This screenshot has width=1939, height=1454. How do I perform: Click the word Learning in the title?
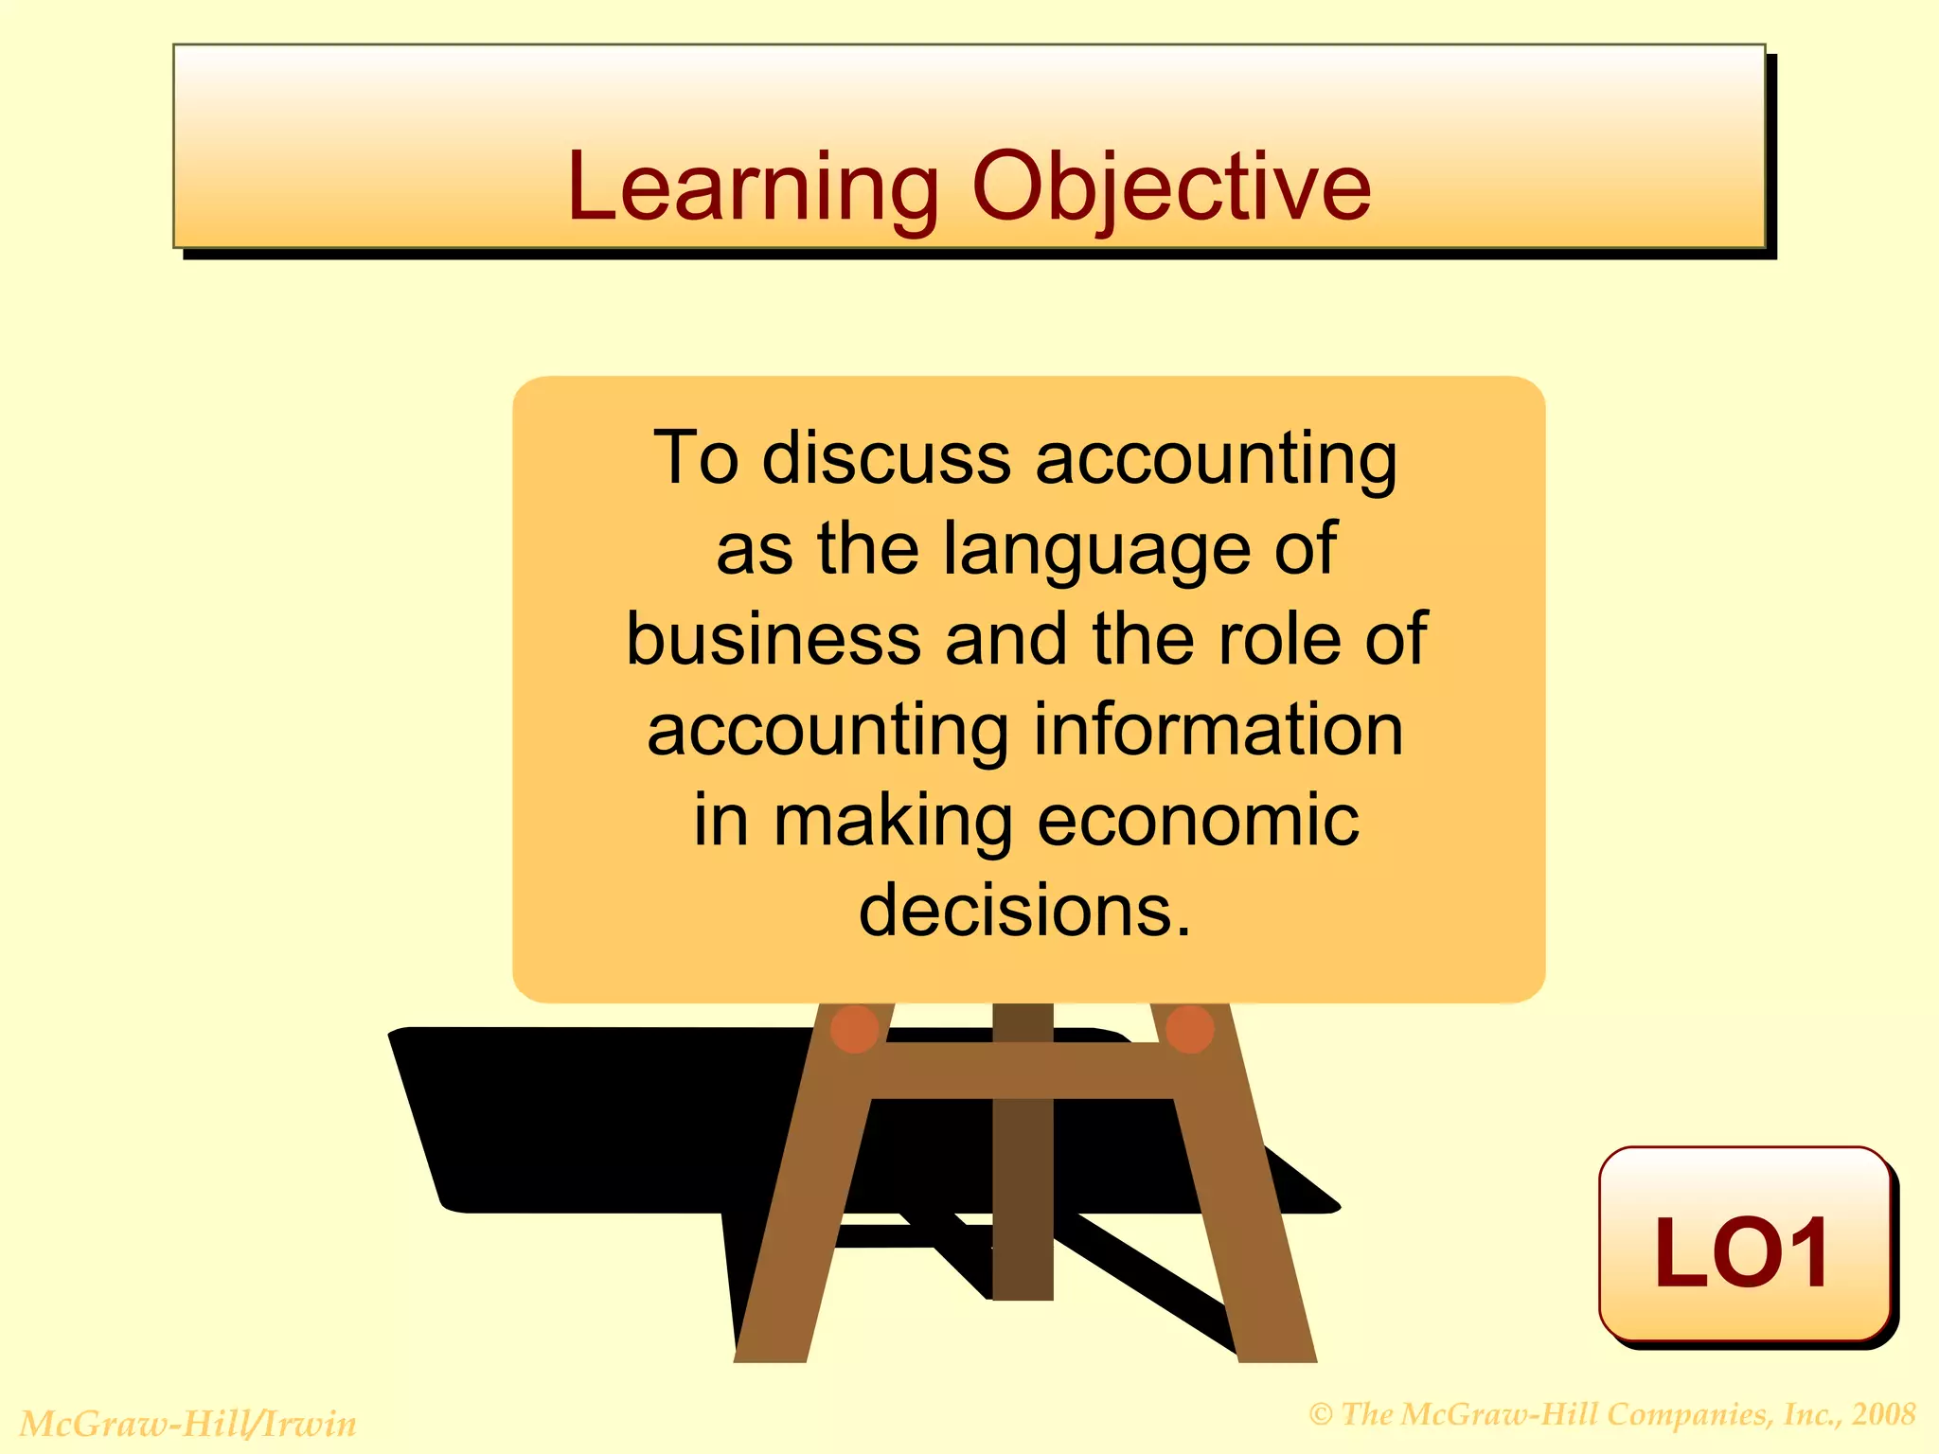[753, 189]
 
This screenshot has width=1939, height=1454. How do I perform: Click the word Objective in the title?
[1171, 189]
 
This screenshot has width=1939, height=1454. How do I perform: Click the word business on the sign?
[774, 639]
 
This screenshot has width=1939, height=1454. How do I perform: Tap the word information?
[1219, 730]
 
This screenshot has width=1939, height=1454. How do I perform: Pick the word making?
[893, 822]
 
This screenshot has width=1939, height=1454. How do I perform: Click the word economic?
[1198, 821]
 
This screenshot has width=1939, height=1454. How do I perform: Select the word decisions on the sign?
[1023, 911]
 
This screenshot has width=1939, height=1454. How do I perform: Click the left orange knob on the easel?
[854, 1029]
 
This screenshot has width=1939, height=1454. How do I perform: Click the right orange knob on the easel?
[1190, 1029]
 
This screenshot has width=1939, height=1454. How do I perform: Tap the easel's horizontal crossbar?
[1023, 1071]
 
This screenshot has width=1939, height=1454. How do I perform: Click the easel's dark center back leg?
[1023, 1202]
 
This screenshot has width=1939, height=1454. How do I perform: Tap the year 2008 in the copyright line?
[1884, 1414]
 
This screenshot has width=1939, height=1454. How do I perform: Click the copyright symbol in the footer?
[1321, 1415]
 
